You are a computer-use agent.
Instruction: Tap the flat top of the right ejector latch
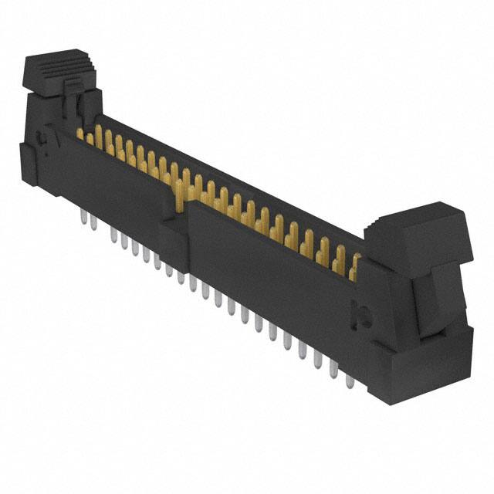tap(421, 219)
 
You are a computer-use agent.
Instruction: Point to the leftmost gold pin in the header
tap(80, 134)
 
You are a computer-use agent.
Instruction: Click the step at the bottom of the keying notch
tap(173, 228)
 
